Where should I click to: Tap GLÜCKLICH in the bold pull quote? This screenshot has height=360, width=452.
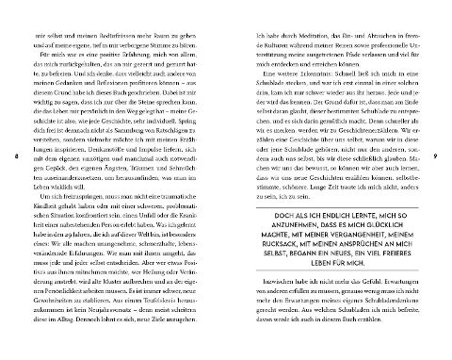379,203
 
